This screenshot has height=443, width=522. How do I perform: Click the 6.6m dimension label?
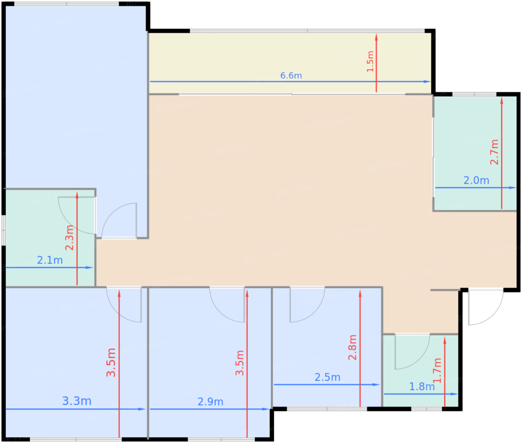click(x=291, y=76)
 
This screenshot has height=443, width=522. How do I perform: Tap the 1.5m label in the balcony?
click(x=370, y=62)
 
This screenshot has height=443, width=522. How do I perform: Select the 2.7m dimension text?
click(x=494, y=152)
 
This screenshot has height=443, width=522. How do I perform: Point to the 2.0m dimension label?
click(x=476, y=180)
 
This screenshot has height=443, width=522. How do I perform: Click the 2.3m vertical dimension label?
click(x=69, y=238)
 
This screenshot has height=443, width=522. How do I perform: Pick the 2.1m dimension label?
click(x=50, y=260)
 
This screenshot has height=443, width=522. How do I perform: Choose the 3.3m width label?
click(x=76, y=401)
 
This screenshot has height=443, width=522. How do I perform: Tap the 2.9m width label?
click(x=210, y=402)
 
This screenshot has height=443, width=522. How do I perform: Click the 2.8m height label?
click(x=352, y=347)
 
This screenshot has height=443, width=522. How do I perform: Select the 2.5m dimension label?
click(x=327, y=377)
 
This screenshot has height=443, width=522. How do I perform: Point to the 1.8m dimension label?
click(x=422, y=387)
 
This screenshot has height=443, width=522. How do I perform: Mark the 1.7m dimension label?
click(x=437, y=371)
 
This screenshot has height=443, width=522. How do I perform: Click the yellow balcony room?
click(x=290, y=63)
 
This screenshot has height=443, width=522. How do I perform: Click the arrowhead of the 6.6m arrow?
click(x=427, y=82)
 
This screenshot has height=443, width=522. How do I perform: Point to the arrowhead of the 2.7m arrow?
click(x=501, y=101)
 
